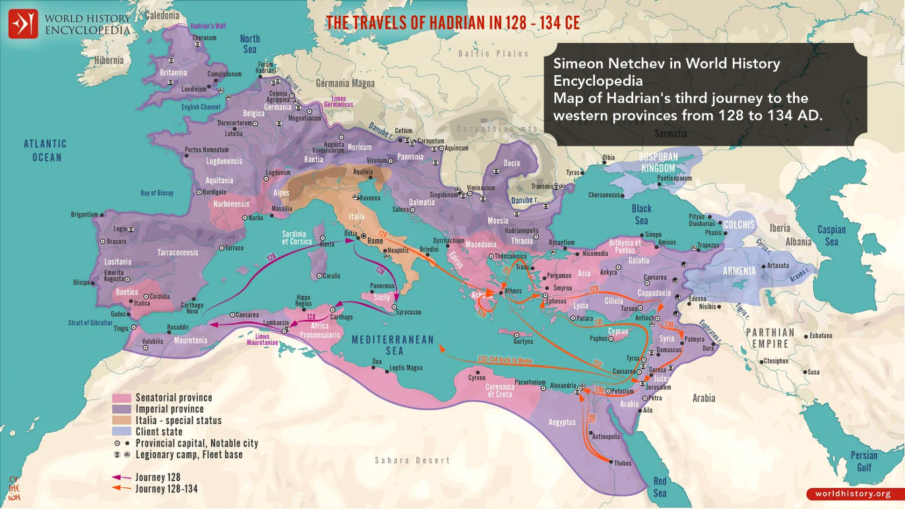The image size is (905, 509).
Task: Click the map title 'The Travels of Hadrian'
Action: [x=453, y=23]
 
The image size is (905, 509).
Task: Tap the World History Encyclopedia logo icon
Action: [x=23, y=24]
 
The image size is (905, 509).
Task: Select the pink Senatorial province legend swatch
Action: [x=122, y=398]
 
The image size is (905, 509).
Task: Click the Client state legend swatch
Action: [x=122, y=432]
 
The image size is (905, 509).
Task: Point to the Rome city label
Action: [x=375, y=241]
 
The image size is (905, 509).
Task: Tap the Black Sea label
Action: [x=641, y=214]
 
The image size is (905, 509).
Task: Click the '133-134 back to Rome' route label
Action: [x=506, y=360]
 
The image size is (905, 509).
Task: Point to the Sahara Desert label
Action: [x=412, y=460]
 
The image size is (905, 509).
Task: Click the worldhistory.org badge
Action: [x=852, y=494]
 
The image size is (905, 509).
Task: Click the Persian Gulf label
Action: [x=863, y=461]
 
